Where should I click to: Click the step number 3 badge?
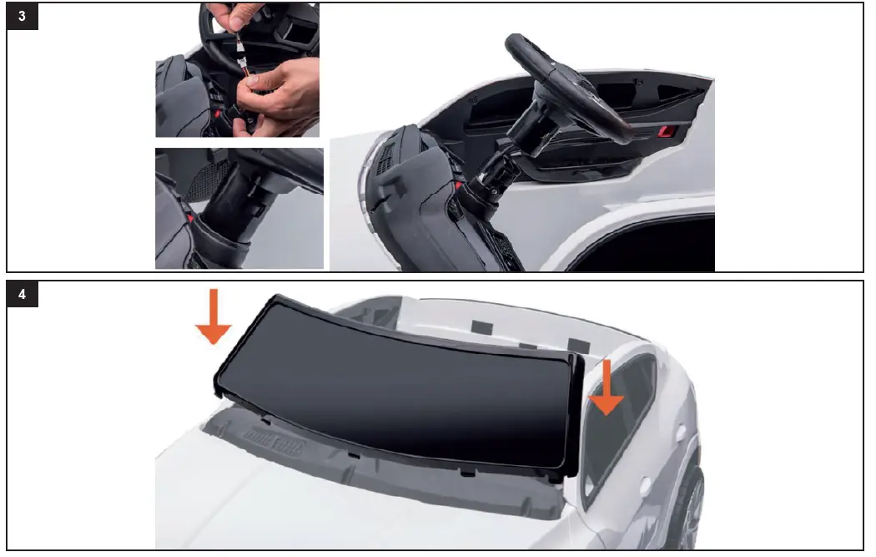23,19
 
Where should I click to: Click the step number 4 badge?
23,296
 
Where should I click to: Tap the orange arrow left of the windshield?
213,317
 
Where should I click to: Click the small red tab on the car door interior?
667,130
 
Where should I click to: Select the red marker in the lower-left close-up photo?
193,220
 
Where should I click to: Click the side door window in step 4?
622,426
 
